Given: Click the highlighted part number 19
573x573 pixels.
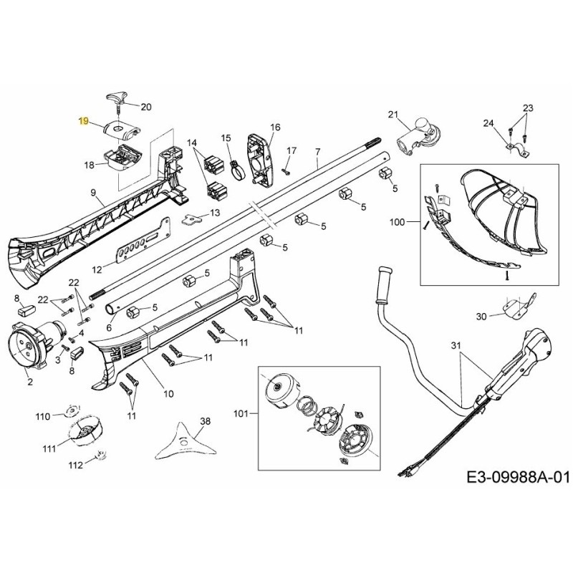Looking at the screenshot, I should coord(84,122).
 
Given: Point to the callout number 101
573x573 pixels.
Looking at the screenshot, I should coord(243,413).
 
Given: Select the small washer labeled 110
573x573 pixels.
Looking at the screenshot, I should coord(70,410).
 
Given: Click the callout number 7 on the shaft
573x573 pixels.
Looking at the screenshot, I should coord(318,153).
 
